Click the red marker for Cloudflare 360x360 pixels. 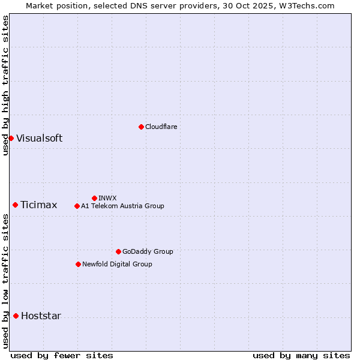(x=141, y=127)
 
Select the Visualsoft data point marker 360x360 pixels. (x=11, y=138)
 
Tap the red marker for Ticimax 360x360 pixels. (x=15, y=205)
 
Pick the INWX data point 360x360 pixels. (x=94, y=198)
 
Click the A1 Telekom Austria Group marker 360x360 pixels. (x=77, y=206)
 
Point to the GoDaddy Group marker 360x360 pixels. (x=118, y=251)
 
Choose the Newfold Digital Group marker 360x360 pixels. (x=78, y=264)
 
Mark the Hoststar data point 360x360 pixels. (x=16, y=316)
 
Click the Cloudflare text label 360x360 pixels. (x=161, y=127)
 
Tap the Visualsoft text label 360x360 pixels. (x=39, y=138)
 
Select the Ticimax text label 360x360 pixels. (x=38, y=205)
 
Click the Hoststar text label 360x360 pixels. (x=41, y=316)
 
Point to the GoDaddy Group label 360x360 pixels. (x=148, y=251)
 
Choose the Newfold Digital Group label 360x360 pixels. (x=117, y=264)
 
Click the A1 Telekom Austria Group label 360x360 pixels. (x=122, y=206)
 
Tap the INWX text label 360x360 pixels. (x=107, y=198)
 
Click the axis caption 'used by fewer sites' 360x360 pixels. (x=62, y=355)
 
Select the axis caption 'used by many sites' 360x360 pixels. (x=301, y=355)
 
